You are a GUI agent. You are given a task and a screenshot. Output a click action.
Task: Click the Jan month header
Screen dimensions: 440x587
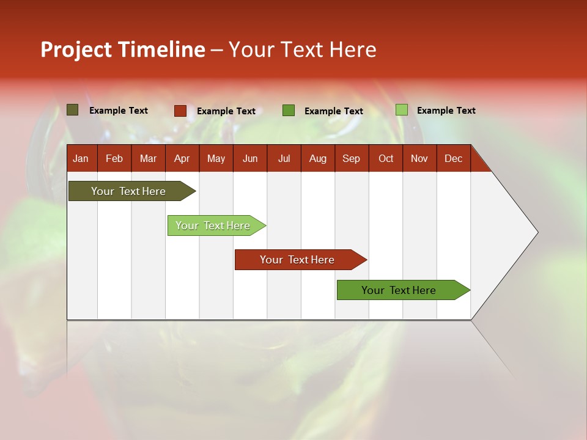[81, 158]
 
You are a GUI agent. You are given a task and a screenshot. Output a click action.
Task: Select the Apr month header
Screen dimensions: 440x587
[182, 158]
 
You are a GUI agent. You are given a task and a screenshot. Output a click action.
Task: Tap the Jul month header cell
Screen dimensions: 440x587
[284, 158]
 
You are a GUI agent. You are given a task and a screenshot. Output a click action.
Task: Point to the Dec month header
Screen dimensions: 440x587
[453, 158]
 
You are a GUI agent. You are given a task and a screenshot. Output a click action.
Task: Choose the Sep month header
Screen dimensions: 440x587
[351, 158]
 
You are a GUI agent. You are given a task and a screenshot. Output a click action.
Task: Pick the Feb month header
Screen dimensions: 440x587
[114, 158]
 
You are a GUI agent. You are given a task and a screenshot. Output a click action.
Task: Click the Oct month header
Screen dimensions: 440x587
[386, 158]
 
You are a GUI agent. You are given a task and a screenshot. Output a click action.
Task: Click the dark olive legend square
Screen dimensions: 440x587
[72, 110]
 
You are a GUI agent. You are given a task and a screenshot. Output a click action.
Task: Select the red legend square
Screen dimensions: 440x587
[180, 111]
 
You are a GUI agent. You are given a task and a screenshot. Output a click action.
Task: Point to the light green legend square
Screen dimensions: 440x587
[401, 110]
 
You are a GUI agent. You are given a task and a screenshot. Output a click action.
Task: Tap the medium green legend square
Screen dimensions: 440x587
[289, 111]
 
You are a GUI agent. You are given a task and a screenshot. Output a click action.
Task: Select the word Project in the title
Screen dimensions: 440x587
[76, 50]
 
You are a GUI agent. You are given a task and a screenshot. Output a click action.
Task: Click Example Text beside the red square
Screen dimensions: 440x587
[226, 111]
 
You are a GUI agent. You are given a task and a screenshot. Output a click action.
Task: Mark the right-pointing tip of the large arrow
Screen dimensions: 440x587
[536, 232]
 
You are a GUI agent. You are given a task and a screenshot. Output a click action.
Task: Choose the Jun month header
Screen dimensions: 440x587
[249, 158]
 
